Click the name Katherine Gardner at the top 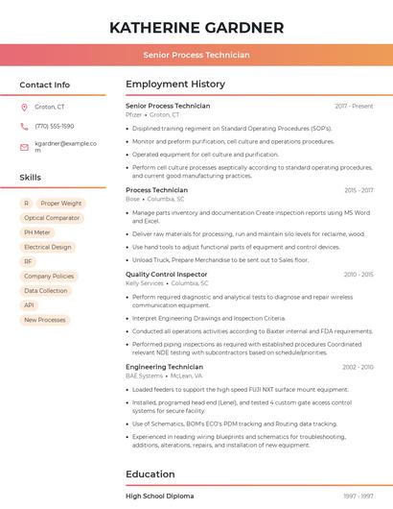[x=196, y=27]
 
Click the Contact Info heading [x=44, y=85]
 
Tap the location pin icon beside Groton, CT [x=24, y=107]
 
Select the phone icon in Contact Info [x=24, y=126]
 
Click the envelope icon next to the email [x=24, y=147]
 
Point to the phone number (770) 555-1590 [x=54, y=126]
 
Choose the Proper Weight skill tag [x=62, y=204]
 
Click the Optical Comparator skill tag [x=52, y=218]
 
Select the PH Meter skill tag [x=37, y=232]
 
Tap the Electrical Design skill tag [x=48, y=247]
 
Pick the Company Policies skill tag [x=49, y=276]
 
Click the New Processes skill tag [x=45, y=320]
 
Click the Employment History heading [x=175, y=85]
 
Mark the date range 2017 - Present [x=354, y=106]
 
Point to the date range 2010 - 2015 [x=358, y=275]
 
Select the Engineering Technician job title [x=164, y=367]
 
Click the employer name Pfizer [x=134, y=114]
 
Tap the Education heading [x=150, y=473]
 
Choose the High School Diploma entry [x=160, y=496]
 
